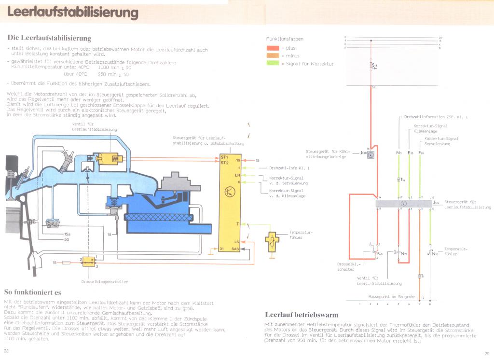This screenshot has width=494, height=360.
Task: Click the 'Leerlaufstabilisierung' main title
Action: pyautogui.click(x=73, y=13)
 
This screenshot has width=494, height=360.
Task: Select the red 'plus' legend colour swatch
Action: pyautogui.click(x=274, y=48)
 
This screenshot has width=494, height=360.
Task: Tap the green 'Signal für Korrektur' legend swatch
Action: pyautogui.click(x=274, y=63)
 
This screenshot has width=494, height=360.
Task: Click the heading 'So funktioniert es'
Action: pyautogui.click(x=32, y=292)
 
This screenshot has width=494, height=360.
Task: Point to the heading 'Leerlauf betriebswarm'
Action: pyautogui.click(x=302, y=315)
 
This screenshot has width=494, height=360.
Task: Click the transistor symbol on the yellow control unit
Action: pyautogui.click(x=229, y=192)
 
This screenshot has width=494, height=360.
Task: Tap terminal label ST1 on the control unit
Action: pyautogui.click(x=224, y=157)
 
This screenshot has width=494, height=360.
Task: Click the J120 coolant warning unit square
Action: pyautogui.click(x=370, y=154)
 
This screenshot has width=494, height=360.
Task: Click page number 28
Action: pyautogui.click(x=6, y=351)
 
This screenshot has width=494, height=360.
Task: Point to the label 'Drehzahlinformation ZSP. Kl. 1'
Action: pyautogui.click(x=436, y=117)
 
